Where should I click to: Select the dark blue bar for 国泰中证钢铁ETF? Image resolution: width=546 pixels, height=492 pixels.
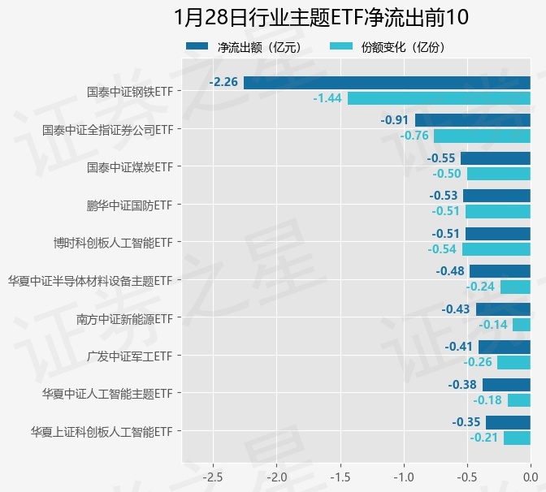point(387,82)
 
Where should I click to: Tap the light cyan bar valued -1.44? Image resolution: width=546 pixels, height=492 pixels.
point(439,98)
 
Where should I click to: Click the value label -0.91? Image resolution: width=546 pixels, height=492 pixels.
point(395,120)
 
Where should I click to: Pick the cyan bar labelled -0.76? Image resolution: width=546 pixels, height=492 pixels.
point(482,136)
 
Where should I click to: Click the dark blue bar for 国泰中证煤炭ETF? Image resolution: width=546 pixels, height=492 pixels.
point(496,158)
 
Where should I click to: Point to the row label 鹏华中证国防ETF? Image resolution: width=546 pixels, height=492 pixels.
point(130,205)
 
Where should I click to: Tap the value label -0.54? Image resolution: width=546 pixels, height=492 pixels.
point(442,248)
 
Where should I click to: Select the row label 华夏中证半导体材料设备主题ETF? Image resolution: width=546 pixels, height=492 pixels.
point(90,280)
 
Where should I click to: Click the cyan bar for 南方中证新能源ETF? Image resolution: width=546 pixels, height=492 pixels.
point(522,325)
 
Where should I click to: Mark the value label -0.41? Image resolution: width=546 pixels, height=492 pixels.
point(459,347)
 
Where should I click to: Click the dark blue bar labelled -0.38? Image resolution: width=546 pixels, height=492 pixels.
point(506,385)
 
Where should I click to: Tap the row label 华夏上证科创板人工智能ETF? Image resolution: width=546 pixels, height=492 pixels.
point(102,431)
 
